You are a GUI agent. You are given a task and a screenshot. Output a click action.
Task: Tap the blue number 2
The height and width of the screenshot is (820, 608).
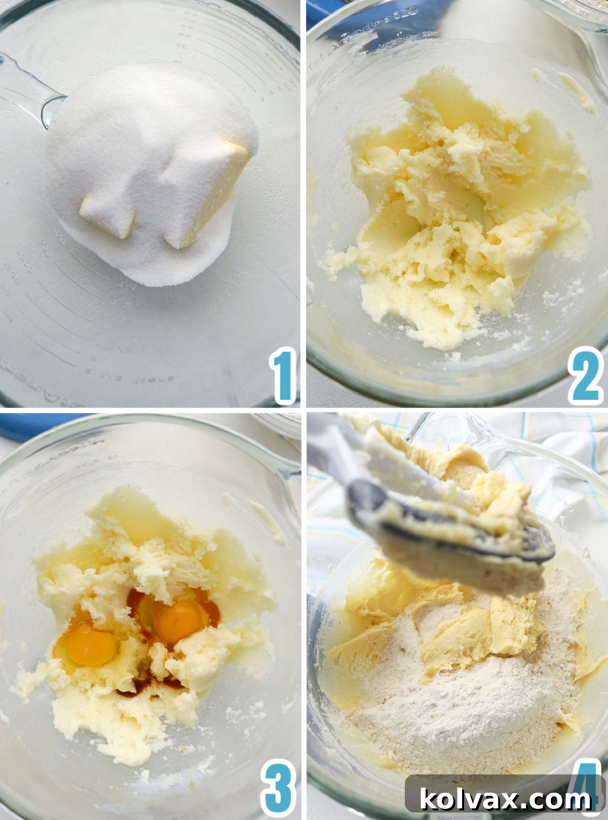[x=586, y=376]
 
